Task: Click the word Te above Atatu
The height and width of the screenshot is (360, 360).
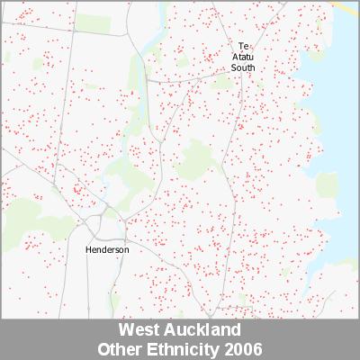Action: [243, 45]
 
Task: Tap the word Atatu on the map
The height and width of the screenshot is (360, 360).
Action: [243, 56]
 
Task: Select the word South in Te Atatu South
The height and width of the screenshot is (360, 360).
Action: [243, 67]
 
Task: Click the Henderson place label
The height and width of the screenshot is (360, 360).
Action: [107, 249]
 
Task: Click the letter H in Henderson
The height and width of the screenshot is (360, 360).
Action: [88, 249]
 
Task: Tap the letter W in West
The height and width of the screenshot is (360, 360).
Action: [124, 330]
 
